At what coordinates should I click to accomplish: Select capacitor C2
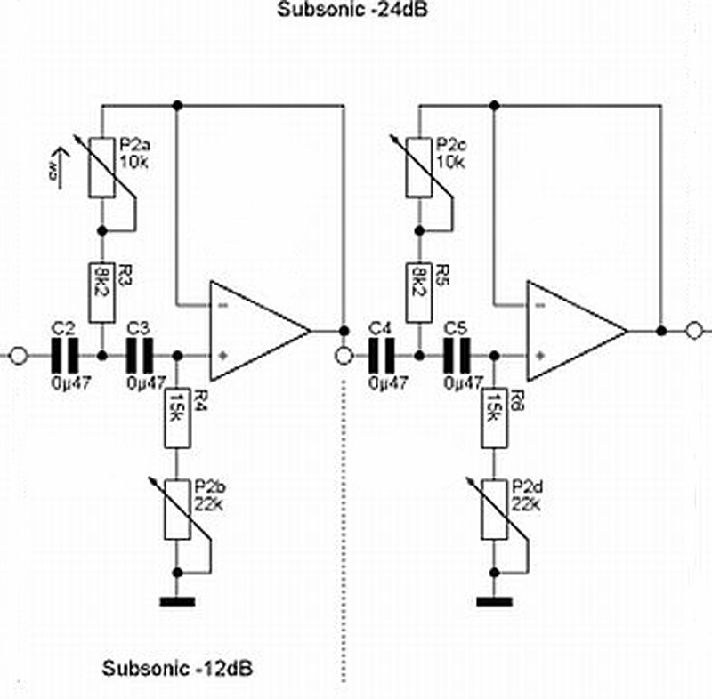(63, 355)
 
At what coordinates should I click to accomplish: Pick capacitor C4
(382, 355)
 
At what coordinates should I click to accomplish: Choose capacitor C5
(457, 355)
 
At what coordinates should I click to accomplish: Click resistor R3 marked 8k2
(101, 292)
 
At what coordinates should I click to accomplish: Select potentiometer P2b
(178, 510)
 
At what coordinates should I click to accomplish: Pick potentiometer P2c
(418, 167)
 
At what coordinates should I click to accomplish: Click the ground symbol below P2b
(178, 601)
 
